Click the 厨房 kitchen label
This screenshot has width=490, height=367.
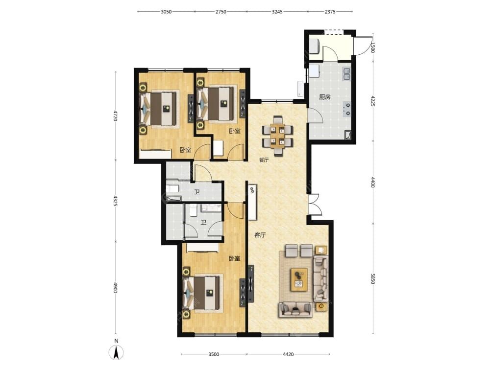325,97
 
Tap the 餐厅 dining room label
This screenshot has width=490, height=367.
264,160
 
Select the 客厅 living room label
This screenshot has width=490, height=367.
260,235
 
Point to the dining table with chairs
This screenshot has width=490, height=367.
278,136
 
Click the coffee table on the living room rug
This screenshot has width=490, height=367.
299,279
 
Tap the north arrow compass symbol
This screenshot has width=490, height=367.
116,353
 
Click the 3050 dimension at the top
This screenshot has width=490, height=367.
166,12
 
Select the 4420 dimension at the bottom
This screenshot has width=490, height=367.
288,354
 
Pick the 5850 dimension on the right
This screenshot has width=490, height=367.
372,279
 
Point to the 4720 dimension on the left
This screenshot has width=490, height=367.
115,115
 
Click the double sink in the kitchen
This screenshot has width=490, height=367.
346,73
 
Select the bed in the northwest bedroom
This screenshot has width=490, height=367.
160,109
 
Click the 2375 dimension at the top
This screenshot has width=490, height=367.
330,12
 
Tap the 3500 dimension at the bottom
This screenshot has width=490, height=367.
214,354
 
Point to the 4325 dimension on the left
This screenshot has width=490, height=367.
115,201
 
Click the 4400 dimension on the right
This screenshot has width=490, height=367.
372,182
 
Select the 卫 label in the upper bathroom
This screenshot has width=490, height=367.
197,192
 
